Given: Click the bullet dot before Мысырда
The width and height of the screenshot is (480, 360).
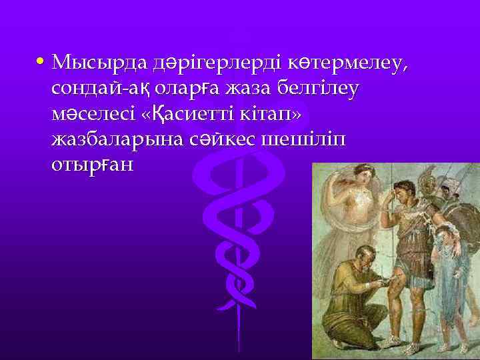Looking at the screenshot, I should [x=41, y=62].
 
